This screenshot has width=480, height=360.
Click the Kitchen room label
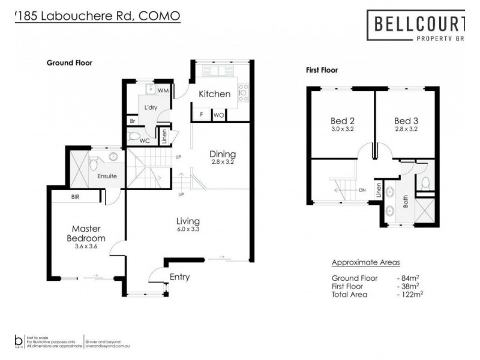tap(214, 94)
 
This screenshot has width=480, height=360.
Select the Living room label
tap(188, 221)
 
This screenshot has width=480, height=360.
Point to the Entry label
tap(179, 277)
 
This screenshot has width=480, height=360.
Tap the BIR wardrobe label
tap(76, 196)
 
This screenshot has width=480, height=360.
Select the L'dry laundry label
tap(150, 108)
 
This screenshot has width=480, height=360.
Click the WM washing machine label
tap(163, 91)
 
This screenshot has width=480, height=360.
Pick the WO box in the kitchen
tap(218, 114)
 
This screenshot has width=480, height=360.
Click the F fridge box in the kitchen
tap(202, 114)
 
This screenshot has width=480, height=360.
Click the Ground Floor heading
tap(70, 62)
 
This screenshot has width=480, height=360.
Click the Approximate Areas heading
tap(365, 262)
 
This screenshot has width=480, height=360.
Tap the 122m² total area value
tap(409, 294)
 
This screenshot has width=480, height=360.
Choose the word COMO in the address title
tap(159, 16)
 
